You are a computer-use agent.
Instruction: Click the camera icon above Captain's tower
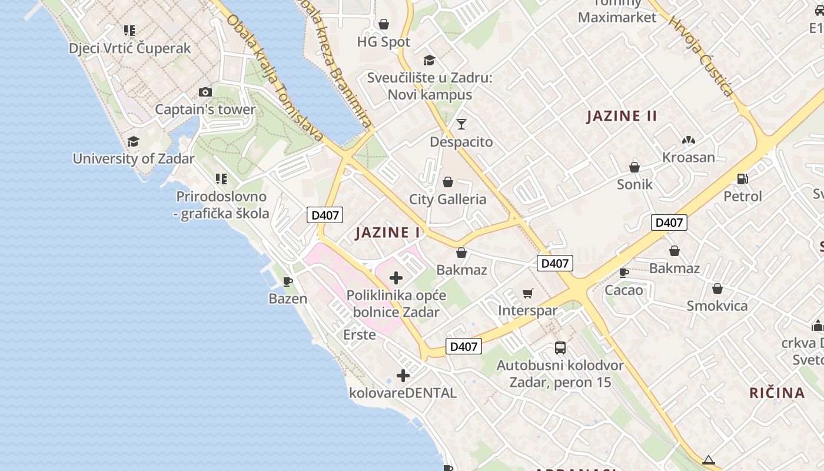205,92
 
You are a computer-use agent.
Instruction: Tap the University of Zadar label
134,158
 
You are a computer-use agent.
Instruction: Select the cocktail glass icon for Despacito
461,124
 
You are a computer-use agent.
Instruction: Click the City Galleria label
448,199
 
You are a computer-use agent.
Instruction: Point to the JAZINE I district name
388,233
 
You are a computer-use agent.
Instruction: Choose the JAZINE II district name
622,116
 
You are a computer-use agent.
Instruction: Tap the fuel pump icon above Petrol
743,178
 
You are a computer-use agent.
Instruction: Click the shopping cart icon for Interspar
528,293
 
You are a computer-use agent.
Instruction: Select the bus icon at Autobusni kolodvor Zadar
560,347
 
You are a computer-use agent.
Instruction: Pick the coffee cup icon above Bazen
288,281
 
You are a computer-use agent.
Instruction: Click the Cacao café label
624,290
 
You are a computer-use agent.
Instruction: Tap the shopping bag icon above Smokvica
717,288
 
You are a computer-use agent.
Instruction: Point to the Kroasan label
689,157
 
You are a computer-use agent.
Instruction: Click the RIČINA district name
777,393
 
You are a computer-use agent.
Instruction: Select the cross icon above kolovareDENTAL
403,375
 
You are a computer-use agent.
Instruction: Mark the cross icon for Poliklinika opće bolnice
396,277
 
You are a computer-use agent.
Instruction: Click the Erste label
360,335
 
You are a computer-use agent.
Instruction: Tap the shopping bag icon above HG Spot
384,24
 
